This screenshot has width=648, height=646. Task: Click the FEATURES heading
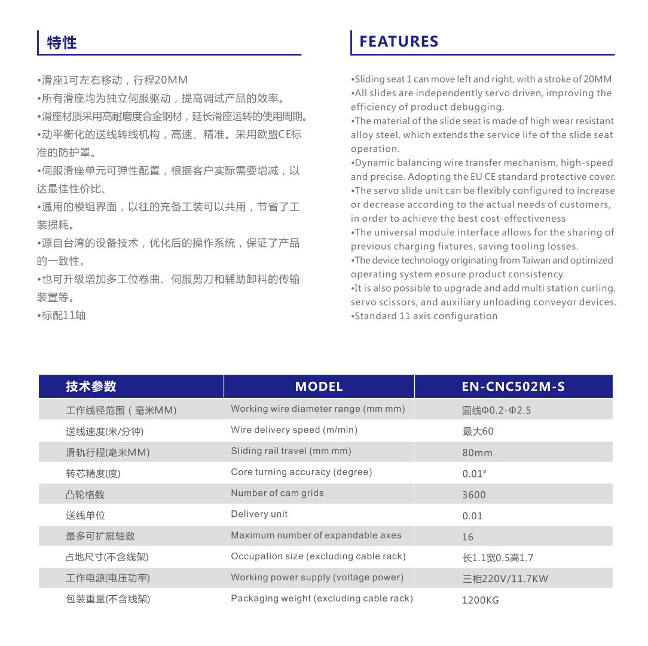click(x=399, y=41)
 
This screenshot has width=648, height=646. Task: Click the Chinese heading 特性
click(x=62, y=42)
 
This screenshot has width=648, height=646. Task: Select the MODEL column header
click(x=319, y=387)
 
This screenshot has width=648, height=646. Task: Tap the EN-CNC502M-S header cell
click(x=513, y=387)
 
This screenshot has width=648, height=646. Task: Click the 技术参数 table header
click(x=91, y=387)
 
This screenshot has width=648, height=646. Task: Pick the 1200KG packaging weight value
click(x=480, y=600)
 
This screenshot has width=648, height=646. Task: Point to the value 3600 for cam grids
click(x=474, y=495)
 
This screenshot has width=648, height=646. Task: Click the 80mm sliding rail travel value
click(x=477, y=453)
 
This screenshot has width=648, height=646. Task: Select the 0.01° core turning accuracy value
click(x=475, y=474)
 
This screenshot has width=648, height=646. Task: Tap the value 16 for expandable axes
click(x=467, y=537)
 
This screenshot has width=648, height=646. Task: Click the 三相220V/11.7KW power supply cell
click(x=505, y=578)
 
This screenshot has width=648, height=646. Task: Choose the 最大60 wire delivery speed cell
click(x=478, y=431)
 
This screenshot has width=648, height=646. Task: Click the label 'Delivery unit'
click(x=259, y=514)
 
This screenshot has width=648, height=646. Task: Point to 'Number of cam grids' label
click(x=277, y=493)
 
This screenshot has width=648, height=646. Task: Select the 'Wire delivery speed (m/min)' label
click(x=294, y=430)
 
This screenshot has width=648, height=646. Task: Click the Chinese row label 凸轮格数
click(x=85, y=494)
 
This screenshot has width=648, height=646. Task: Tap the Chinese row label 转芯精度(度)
click(x=93, y=473)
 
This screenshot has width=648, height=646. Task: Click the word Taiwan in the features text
click(x=536, y=261)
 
